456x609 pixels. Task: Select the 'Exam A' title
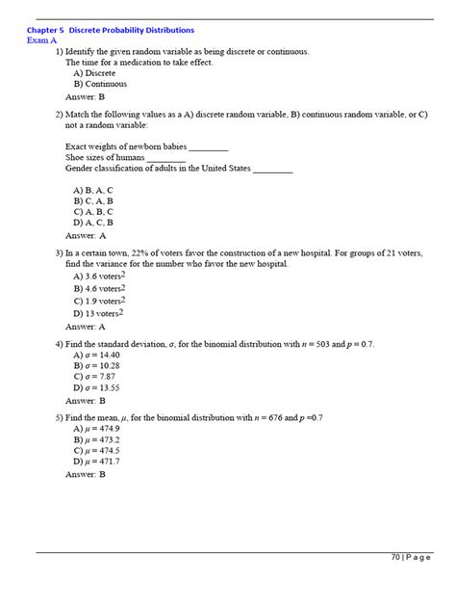[x=43, y=40]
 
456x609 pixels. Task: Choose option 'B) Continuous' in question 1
[x=99, y=84]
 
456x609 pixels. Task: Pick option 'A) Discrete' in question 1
[x=94, y=72]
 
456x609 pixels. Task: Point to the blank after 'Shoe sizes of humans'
[x=166, y=157]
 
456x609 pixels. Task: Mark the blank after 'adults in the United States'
[x=272, y=169]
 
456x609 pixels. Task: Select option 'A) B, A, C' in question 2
[x=93, y=190]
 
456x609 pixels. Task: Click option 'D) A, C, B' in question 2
[x=93, y=222]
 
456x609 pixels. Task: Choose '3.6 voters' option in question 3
[x=100, y=275]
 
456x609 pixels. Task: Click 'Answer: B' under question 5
[x=85, y=474]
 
